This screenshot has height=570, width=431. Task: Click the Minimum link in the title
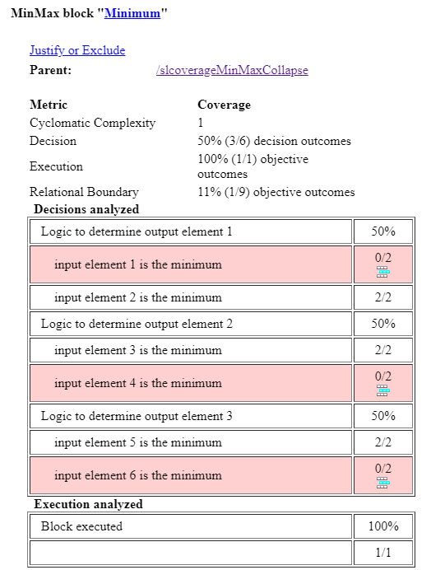coord(132,14)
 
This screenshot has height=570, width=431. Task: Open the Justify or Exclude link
coord(77,50)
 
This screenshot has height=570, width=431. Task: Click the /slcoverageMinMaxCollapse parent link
coord(232,70)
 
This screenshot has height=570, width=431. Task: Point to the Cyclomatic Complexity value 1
coord(201,123)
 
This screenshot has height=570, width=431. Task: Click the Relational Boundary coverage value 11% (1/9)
coord(276,192)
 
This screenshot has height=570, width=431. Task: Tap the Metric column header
coord(49,105)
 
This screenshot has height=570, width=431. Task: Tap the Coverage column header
coord(224,105)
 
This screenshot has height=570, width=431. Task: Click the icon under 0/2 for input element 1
coord(382,273)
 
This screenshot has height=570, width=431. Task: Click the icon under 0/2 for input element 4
coord(382,391)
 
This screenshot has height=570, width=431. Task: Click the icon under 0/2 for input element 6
coord(382,484)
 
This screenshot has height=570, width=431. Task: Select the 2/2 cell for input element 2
coord(382,297)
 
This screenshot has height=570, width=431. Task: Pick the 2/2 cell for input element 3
coord(382,350)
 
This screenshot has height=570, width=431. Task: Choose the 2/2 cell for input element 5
coord(382,442)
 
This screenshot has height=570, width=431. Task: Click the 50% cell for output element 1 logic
coord(382,231)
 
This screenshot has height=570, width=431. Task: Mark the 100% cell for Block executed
coord(382,526)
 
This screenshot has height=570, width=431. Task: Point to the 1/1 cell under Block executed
coord(382,551)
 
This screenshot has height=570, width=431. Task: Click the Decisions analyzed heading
coord(86,209)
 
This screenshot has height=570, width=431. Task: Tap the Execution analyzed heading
coord(88,504)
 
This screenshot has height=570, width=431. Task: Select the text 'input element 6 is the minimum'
coord(138,475)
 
